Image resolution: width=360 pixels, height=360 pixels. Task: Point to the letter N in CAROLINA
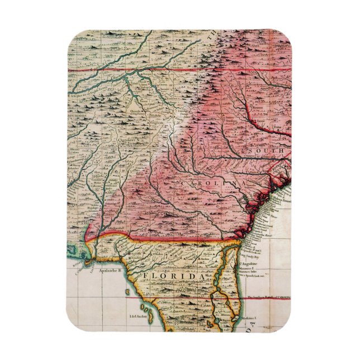(x=230, y=183)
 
